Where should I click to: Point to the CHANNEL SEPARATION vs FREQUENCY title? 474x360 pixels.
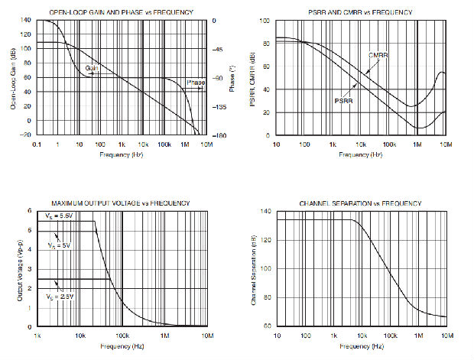[x=359, y=203]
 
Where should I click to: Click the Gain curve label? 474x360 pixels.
[x=92, y=67]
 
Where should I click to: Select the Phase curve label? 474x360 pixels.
[x=196, y=82]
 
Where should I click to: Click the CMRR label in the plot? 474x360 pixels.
[x=378, y=55]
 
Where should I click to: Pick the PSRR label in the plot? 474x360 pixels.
[x=343, y=99]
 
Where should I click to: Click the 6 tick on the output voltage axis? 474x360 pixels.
[x=29, y=211]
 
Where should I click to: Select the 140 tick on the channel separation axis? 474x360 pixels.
[x=265, y=211]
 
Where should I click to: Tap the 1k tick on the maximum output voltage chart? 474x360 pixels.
[x=37, y=334]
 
